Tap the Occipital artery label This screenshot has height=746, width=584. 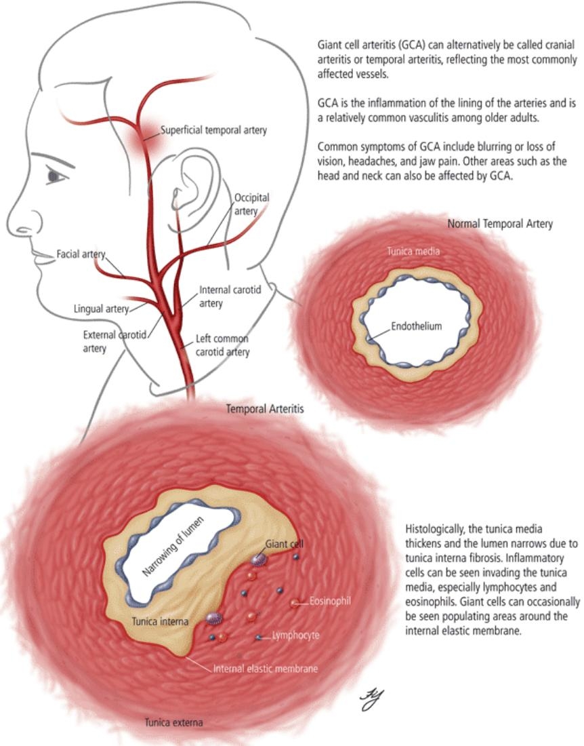pos(251,204)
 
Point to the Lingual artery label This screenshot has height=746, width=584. pos(101,309)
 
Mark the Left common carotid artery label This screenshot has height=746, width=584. pos(222,345)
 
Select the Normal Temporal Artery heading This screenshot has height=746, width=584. pos(500,223)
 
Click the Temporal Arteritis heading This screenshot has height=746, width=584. pos(265,409)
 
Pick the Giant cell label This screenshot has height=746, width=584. pos(285,544)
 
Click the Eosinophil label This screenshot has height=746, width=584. pos(329,600)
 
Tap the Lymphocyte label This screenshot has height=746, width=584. pos(295,635)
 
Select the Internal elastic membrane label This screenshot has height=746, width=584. pos(265,668)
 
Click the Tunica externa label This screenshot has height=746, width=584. pos(173,722)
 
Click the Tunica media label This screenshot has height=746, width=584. pos(413,251)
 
